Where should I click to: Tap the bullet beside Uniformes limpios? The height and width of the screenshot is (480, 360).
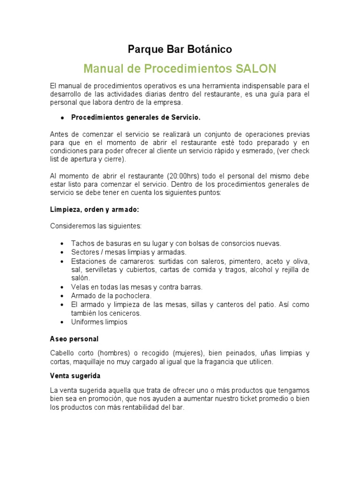62,322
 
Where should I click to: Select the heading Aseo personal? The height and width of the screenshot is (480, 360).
74,339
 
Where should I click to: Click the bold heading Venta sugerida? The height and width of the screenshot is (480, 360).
75,376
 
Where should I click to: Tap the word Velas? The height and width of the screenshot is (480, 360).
80,287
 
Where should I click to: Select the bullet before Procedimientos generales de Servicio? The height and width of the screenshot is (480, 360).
62,117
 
